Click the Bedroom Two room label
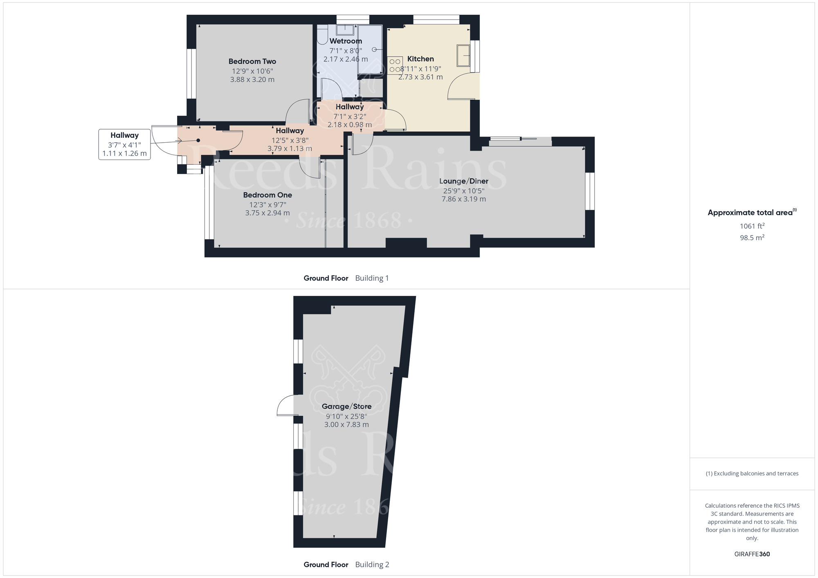[x=252, y=61]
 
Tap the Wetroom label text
[x=346, y=41]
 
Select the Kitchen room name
[x=420, y=59]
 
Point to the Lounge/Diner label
[x=463, y=181]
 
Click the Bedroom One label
[x=267, y=195]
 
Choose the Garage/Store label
[x=346, y=406]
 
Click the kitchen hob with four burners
[x=395, y=65]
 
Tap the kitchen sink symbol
[x=463, y=55]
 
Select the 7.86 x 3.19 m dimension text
[x=463, y=199]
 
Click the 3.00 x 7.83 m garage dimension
[x=346, y=425]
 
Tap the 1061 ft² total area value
[x=752, y=226]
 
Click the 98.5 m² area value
[x=752, y=237]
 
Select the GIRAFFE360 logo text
[x=752, y=554]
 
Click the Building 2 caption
[x=372, y=565]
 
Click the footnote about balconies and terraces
[x=752, y=473]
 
